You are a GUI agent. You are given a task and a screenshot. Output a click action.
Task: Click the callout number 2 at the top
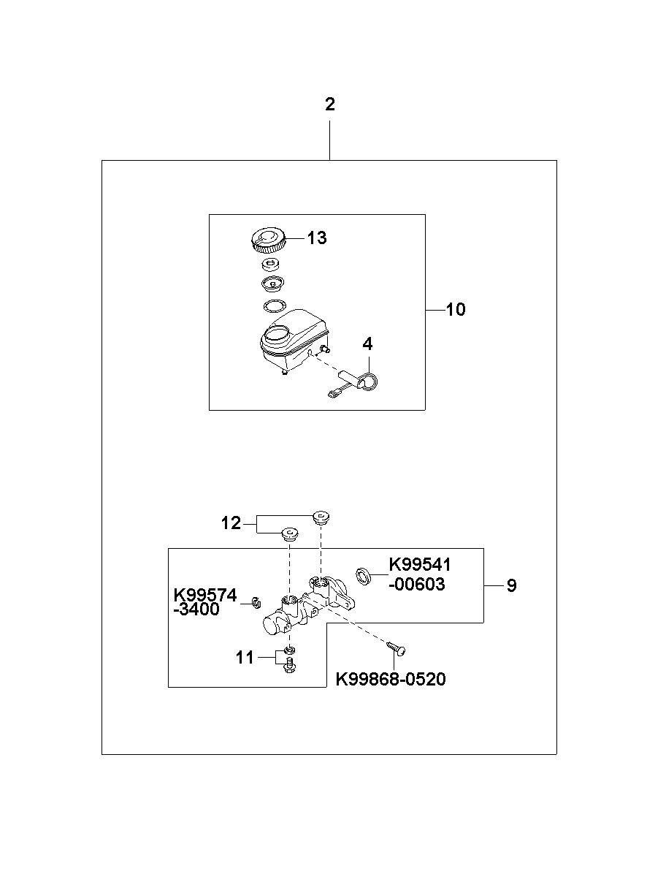point(330,105)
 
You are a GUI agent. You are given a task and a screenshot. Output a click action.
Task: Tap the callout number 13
point(316,238)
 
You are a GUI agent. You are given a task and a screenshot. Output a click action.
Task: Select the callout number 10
point(455,310)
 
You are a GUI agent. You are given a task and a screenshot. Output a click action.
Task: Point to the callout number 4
point(367,343)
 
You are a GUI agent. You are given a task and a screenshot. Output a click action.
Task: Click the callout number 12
point(231,523)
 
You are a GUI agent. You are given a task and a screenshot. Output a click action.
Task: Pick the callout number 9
point(511,585)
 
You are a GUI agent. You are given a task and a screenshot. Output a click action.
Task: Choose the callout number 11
point(245,658)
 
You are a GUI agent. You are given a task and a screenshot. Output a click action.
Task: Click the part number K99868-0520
point(390,680)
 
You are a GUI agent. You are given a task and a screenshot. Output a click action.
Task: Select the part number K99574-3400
point(205,602)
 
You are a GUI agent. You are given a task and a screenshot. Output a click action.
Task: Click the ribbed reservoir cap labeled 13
point(268,239)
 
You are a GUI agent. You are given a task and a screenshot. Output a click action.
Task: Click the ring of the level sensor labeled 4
point(372,380)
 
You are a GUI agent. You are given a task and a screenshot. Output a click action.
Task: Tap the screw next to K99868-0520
point(397,647)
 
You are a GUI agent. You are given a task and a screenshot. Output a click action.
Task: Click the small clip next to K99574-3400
point(256,602)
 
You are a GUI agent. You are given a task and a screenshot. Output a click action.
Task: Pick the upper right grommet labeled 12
point(321,517)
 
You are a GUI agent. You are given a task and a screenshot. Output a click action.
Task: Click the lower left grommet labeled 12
point(290,533)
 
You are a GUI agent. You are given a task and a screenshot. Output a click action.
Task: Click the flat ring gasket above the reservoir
point(273,305)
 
